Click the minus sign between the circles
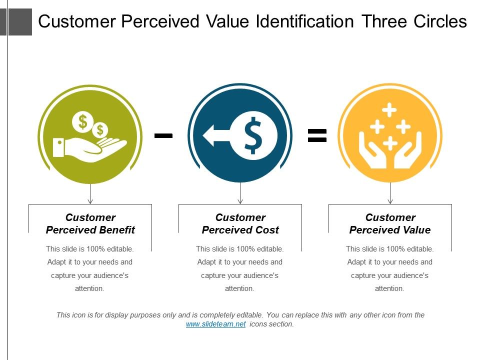click(163, 135)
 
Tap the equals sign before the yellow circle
click(317, 135)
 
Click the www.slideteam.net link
click(215, 324)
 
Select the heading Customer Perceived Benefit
click(90, 223)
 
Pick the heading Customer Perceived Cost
click(240, 223)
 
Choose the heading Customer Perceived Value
click(390, 223)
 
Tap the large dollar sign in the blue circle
click(253, 134)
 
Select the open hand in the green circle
click(90, 147)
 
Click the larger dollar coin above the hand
click(82, 121)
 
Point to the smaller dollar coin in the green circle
click(100, 130)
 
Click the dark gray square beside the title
click(20, 22)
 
